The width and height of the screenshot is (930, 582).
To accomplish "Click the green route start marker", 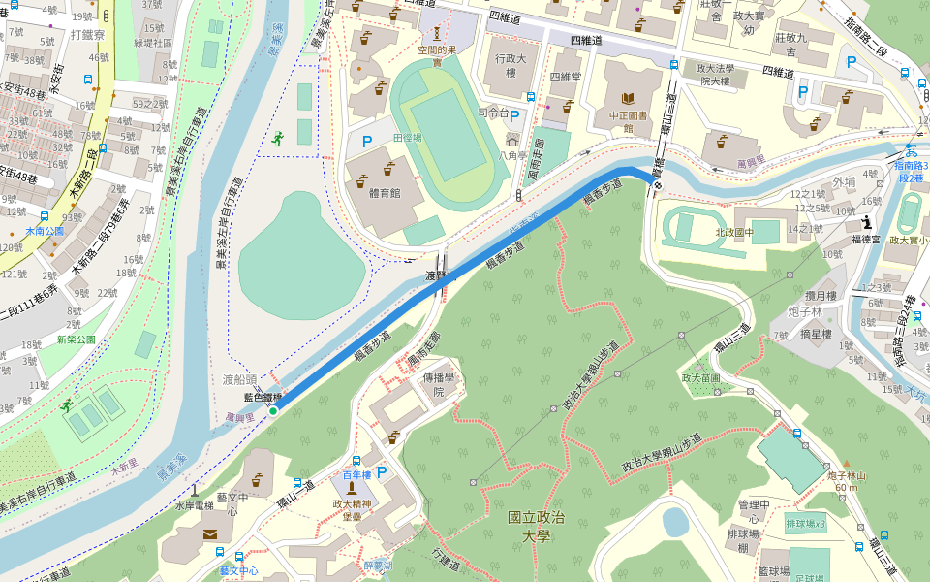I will coord(273,411).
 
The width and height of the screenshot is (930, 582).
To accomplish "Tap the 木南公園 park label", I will coord(44,232).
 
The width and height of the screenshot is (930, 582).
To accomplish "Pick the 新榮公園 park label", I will coord(76,339).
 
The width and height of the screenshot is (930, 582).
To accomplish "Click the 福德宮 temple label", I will coord(866,238).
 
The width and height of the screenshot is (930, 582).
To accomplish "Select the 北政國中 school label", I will coord(734,232).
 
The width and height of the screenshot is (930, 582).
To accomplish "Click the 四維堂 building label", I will coord(565,77).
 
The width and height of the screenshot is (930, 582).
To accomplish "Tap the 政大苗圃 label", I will coord(701,377).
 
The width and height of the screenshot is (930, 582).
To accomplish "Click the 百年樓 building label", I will coord(356,475).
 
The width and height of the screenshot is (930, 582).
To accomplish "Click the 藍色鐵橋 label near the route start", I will coord(263,397).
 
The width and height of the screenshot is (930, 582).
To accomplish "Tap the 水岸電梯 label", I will coord(194,505).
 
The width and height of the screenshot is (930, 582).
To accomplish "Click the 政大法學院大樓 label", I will coord(715,75).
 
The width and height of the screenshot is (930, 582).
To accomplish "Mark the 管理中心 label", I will coord(753,511).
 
